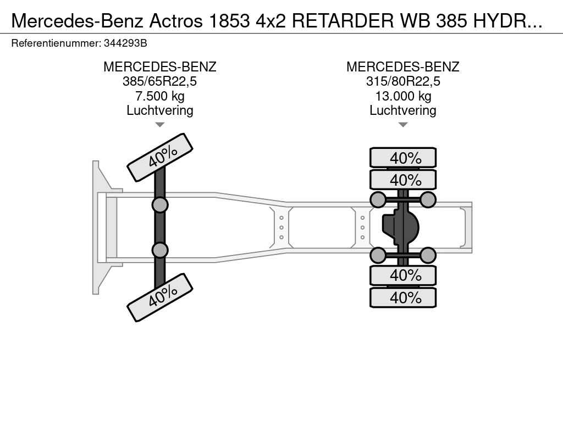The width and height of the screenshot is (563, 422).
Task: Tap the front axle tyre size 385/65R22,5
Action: pos(159,82)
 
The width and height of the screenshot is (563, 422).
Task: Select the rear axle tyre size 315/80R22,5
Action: pos(402,82)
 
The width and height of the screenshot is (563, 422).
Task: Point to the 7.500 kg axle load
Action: pos(159,96)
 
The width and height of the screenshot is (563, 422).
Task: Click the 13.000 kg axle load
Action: pos(402,96)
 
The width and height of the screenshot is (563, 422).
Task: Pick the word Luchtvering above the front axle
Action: pos(159,110)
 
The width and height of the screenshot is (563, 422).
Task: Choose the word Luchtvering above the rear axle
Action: pos(402,110)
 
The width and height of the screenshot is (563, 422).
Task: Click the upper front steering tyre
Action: pos(160,157)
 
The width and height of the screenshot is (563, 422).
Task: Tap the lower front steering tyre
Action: pos(160,298)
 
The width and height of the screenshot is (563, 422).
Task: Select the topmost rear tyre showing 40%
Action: pos(403,158)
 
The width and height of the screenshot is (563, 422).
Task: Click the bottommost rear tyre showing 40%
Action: pos(403,298)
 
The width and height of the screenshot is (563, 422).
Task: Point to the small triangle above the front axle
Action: pos(159,125)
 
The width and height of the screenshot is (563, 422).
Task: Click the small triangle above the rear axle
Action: pos(402,125)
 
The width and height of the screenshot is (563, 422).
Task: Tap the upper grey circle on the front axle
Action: pos(159,205)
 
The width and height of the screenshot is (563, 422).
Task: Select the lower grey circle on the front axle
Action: pos(159,250)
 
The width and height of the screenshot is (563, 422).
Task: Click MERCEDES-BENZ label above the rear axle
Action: pos(402,67)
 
